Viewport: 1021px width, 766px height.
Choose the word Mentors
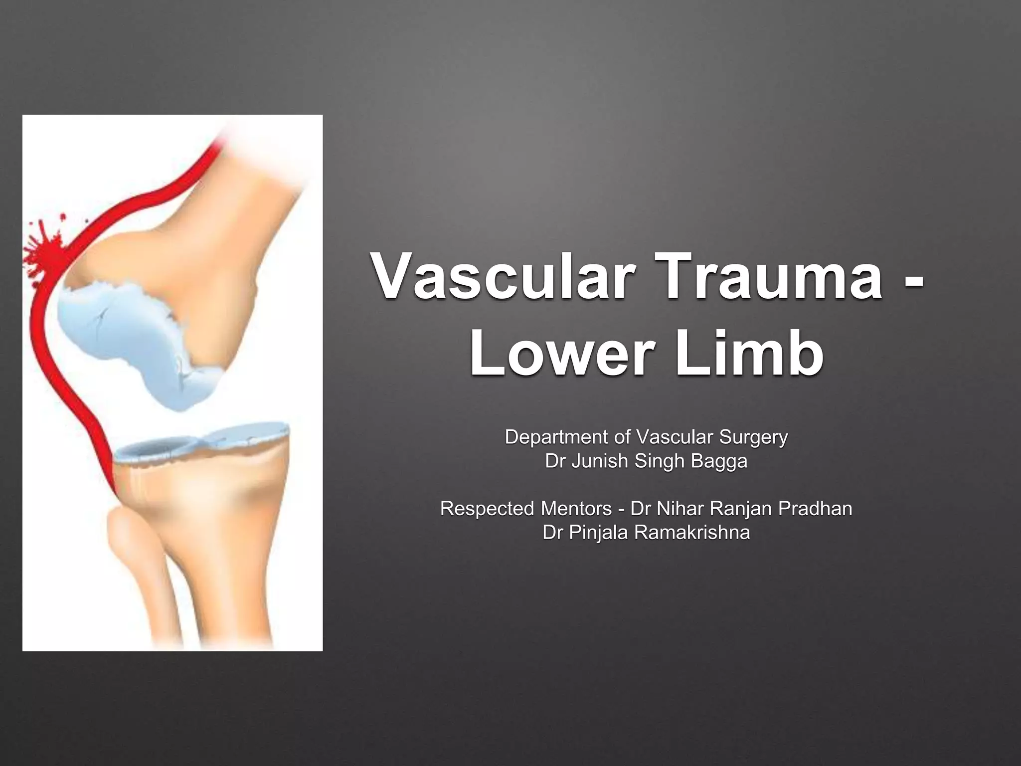576,509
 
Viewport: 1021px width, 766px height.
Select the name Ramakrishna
691,533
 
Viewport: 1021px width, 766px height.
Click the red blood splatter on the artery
45,252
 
